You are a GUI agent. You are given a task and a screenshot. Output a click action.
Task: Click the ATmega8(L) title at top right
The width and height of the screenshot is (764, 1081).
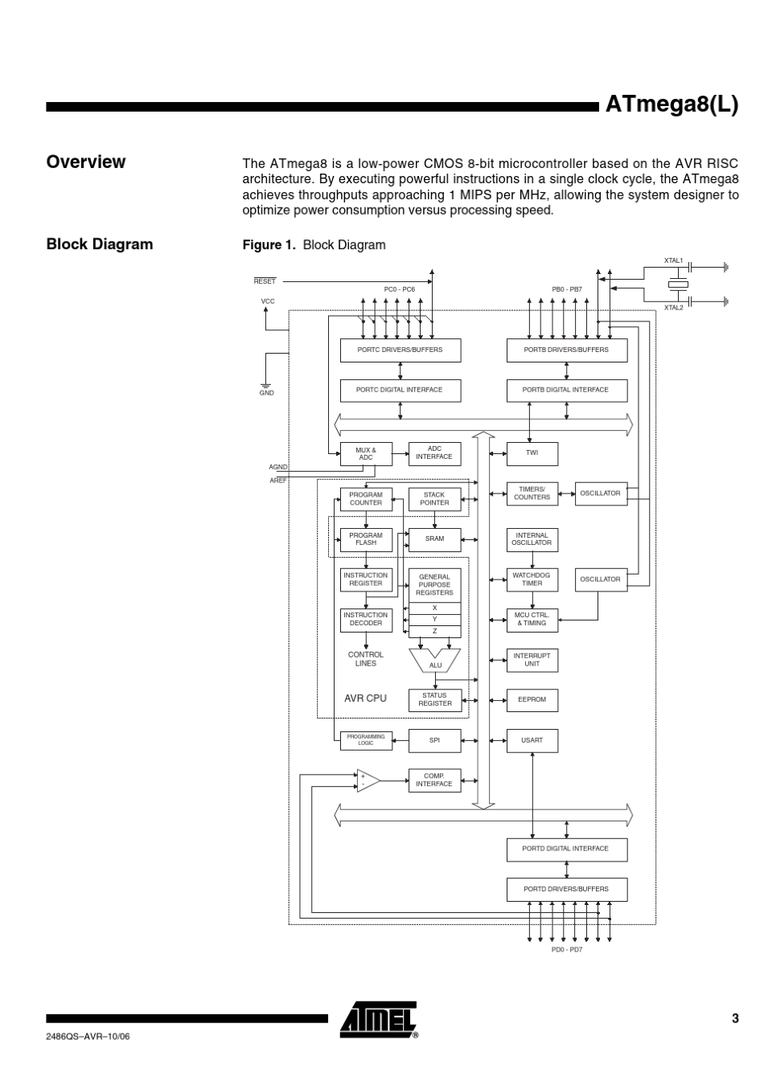[671, 105]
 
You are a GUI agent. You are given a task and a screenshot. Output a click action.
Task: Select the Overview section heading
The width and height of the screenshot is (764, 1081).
[86, 162]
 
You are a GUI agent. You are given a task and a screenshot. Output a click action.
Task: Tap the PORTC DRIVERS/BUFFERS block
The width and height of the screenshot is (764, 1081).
[400, 350]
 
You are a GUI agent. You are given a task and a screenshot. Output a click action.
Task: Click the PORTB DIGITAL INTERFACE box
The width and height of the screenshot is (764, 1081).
[566, 391]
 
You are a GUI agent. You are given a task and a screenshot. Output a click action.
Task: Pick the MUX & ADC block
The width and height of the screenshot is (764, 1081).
[366, 454]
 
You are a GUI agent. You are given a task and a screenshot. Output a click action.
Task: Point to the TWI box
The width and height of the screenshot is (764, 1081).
[532, 453]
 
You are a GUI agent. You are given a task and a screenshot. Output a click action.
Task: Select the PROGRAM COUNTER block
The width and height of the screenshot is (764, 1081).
[366, 499]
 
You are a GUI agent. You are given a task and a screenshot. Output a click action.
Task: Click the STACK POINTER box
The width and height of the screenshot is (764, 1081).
[434, 499]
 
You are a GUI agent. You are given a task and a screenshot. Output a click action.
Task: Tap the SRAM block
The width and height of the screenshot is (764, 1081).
[434, 539]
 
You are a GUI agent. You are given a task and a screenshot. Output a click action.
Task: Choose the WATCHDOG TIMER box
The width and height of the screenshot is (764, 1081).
[532, 579]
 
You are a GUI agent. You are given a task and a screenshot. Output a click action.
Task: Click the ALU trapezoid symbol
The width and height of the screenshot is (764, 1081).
[435, 661]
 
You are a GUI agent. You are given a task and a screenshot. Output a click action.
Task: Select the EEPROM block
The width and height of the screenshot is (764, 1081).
[532, 700]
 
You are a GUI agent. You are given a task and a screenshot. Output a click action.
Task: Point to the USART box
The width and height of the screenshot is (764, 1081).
[532, 740]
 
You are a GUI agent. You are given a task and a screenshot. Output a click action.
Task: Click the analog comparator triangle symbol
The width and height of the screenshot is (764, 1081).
[368, 780]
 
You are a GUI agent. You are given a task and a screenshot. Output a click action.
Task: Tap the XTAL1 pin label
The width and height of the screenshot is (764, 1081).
[673, 261]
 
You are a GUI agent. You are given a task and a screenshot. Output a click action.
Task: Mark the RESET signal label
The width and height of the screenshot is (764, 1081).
[265, 281]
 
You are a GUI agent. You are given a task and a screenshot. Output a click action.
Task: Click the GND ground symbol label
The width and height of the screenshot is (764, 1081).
[266, 393]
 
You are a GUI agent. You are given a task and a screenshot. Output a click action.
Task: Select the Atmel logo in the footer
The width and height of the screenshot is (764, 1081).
[379, 1021]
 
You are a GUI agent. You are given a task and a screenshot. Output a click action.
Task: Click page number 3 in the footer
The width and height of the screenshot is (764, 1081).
[734, 1019]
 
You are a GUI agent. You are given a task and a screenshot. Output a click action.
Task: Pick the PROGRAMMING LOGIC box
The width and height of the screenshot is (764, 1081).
[366, 740]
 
